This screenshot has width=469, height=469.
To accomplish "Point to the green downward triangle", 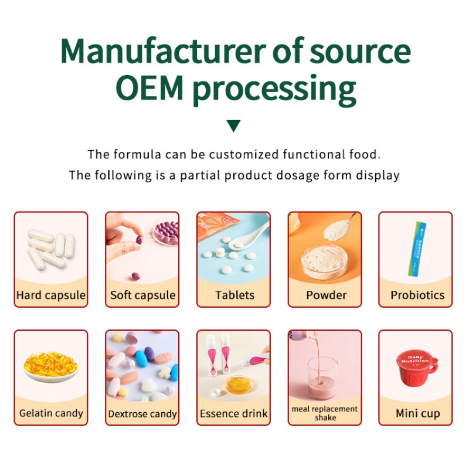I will pyautogui.click(x=234, y=125).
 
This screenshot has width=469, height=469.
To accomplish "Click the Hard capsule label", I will pyautogui.click(x=51, y=295).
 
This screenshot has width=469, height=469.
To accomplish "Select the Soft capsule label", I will pyautogui.click(x=142, y=295).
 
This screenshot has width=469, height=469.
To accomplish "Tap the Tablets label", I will pyautogui.click(x=234, y=295).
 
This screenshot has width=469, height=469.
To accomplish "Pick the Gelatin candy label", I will pyautogui.click(x=51, y=413).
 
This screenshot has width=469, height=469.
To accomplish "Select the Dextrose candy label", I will pyautogui.click(x=142, y=414).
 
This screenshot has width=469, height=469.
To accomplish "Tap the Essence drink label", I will pyautogui.click(x=234, y=413).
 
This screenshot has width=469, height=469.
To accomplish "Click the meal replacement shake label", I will pyautogui.click(x=325, y=413).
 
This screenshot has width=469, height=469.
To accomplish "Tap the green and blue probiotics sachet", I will pyautogui.click(x=416, y=246).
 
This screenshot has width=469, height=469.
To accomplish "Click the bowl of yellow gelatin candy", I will pyautogui.click(x=50, y=366).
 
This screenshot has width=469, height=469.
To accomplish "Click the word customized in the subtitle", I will pyautogui.click(x=244, y=155).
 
